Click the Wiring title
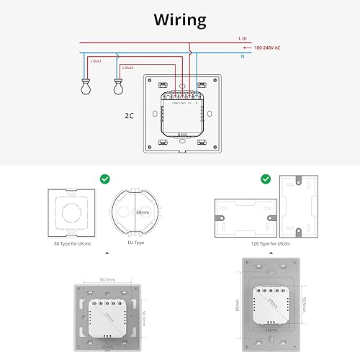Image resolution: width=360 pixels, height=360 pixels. point(179,19)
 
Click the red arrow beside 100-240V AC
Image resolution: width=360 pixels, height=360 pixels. point(246,46)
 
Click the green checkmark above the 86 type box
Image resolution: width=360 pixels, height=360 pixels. point(105,177)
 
